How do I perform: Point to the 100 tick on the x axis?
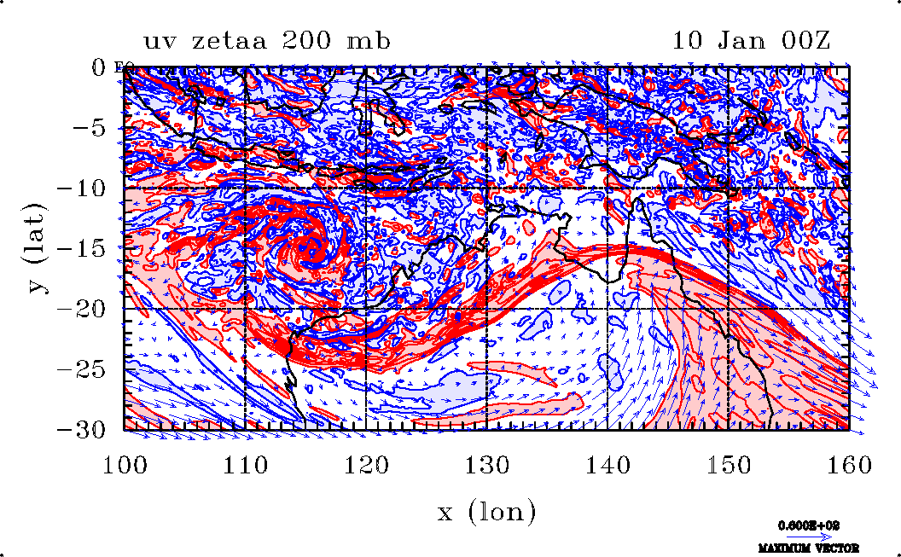click(125, 465)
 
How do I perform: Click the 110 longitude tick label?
click(245, 465)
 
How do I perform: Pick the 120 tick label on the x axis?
click(366, 465)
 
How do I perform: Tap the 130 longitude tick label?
click(486, 465)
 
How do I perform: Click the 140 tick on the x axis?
click(607, 465)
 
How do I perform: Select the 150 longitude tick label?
click(728, 465)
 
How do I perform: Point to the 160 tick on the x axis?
click(848, 465)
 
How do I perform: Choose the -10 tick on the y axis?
click(84, 188)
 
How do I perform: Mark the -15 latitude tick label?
click(84, 248)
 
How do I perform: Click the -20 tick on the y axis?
click(84, 308)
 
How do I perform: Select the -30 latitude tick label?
click(84, 429)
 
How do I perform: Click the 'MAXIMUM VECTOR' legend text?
click(808, 548)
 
